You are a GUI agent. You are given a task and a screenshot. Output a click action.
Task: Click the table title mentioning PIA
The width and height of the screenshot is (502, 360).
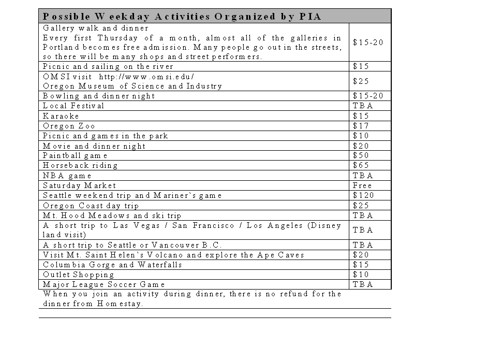coord(182,17)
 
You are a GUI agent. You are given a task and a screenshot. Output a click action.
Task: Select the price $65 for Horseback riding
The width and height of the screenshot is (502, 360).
coord(361,166)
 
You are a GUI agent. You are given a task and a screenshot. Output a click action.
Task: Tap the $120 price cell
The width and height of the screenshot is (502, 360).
coord(363,196)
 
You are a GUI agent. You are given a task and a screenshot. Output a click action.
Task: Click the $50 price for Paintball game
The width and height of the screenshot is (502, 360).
coord(361,156)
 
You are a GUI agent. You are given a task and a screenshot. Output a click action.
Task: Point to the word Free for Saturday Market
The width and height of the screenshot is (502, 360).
coord(362,185)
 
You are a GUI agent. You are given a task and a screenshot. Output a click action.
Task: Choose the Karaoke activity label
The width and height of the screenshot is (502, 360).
coord(61,116)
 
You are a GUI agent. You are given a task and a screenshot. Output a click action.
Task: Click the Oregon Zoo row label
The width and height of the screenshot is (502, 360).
coord(69,126)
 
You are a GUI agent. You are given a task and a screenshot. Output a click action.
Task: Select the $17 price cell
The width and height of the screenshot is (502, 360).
coord(361,126)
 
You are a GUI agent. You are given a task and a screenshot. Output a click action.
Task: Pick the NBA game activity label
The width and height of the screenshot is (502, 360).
coord(67,176)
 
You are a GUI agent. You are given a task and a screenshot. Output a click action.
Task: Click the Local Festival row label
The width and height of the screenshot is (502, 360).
coord(73,106)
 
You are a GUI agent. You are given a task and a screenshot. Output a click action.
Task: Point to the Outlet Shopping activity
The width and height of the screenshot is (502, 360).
coord(78,275)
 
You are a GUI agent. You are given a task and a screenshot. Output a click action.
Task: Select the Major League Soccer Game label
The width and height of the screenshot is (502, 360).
coord(104,285)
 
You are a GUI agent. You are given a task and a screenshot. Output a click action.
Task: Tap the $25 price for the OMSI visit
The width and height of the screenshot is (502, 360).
coord(361,81)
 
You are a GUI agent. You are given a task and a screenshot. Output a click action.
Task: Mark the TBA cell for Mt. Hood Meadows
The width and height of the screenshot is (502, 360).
coord(363,215)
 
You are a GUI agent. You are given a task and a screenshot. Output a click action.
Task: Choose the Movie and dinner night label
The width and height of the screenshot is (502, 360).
coord(94,146)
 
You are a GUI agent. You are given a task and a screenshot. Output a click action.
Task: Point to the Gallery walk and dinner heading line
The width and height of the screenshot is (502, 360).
coord(96,28)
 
